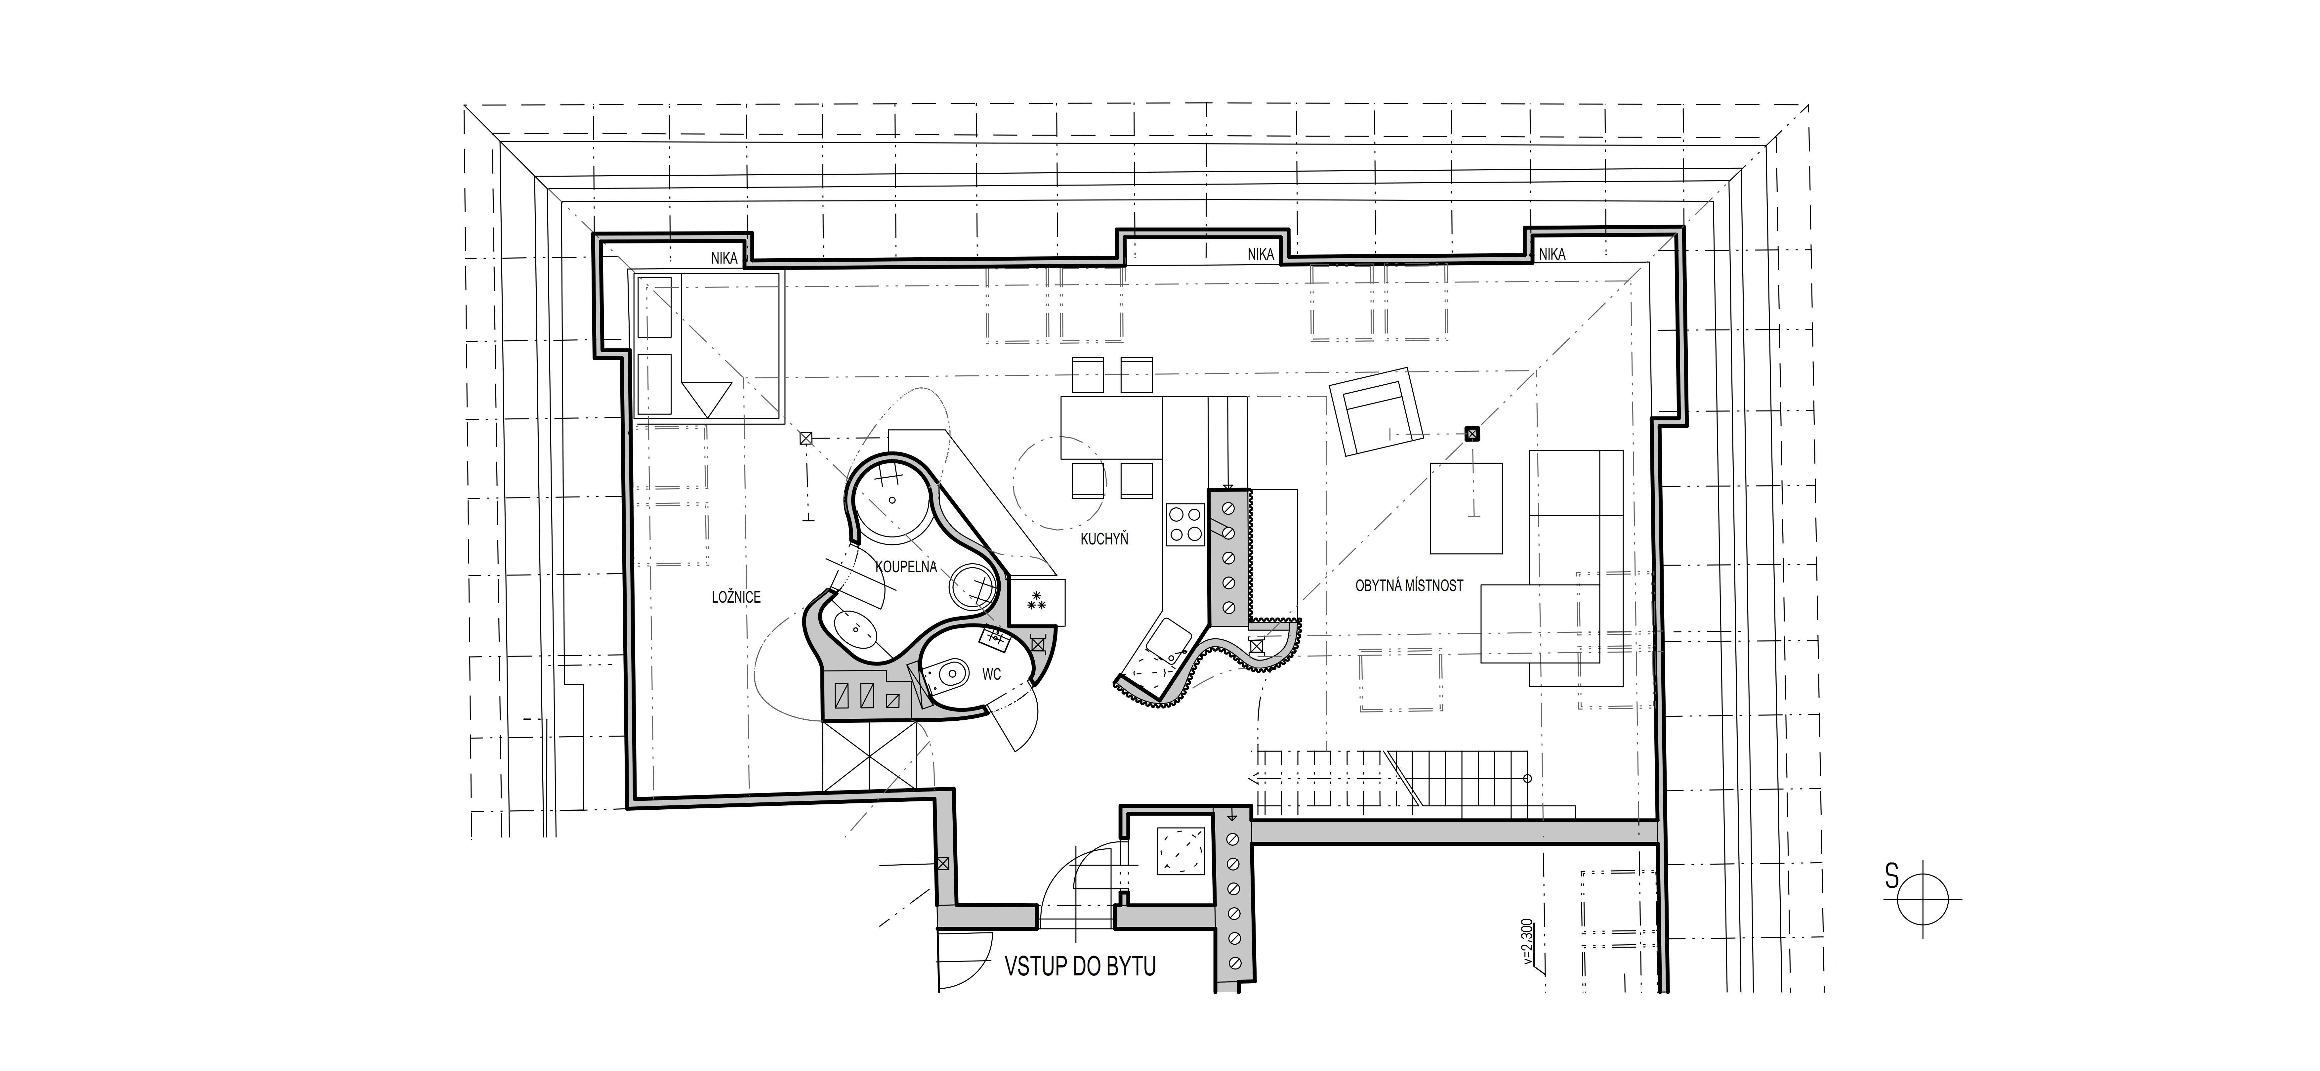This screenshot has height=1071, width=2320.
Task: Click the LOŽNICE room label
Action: (736, 597)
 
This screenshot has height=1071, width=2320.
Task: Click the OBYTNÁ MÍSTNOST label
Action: (1409, 585)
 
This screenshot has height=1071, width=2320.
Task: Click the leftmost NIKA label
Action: (724, 259)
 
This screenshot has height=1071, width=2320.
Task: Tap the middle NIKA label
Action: (1261, 255)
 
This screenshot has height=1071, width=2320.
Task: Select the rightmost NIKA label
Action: (1552, 255)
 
